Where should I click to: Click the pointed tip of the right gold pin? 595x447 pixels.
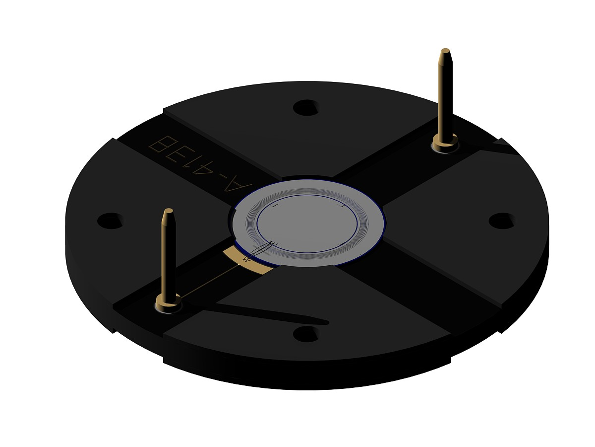[445, 49]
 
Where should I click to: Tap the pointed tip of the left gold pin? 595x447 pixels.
[168, 209]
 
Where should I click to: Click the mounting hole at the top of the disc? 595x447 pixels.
[305, 107]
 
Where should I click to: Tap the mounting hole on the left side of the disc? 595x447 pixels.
[110, 221]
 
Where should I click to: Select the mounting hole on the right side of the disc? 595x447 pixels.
[501, 221]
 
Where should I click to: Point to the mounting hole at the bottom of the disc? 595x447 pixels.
[305, 334]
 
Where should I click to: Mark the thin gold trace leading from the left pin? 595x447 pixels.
[209, 281]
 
